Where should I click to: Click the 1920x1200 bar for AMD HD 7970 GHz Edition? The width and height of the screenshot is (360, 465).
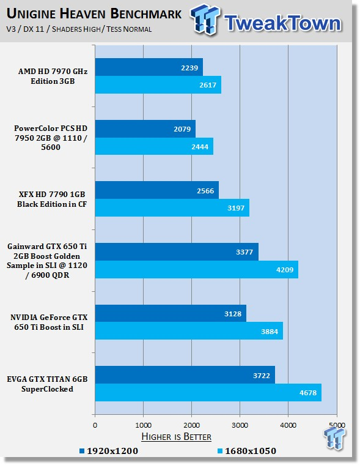pos(149,67)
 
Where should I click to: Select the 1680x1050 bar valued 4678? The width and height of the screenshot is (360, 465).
pos(208,392)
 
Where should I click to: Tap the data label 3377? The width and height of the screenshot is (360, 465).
pos(244,252)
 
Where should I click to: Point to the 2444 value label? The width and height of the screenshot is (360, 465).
pos(200,147)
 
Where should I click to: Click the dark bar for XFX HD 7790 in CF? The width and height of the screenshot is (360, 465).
pos(157,190)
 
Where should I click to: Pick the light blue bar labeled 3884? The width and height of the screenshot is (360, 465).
pos(189,330)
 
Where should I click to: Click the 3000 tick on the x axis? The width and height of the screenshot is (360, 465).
pos(240,425)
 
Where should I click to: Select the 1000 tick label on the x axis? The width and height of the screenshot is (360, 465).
pos(144,425)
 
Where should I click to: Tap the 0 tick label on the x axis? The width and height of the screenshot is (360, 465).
pos(95,425)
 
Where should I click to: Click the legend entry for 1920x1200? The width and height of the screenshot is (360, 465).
pos(109,451)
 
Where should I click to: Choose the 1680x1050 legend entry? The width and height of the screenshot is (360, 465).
pos(247,451)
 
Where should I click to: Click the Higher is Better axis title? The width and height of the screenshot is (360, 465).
pos(177,436)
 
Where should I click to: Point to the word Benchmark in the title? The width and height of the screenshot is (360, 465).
pos(146,13)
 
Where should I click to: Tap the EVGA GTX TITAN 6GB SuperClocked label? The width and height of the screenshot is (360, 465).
pos(48,384)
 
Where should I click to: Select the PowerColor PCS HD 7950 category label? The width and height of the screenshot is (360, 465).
pos(51,138)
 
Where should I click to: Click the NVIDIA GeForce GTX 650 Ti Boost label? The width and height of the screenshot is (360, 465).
pos(49,322)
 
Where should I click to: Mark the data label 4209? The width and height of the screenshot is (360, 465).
pos(285,270)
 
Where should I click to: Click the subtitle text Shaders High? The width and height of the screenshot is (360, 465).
pos(76,29)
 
